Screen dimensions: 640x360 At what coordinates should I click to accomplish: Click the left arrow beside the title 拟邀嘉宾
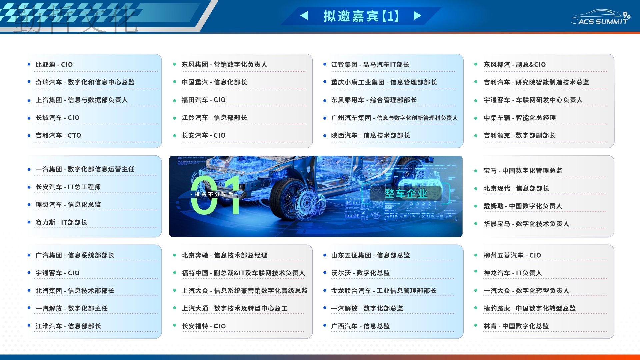pyautogui.click(x=304, y=16)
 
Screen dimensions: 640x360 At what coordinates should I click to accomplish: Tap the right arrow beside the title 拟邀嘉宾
pyautogui.click(x=417, y=16)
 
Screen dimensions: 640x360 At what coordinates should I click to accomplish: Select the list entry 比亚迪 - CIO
pyautogui.click(x=54, y=64)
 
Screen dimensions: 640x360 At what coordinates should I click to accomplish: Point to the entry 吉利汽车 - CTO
pyautogui.click(x=58, y=135)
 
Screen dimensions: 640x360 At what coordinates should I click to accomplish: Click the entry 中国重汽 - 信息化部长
pyautogui.click(x=214, y=82)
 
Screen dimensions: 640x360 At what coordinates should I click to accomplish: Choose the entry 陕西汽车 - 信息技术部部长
pyautogui.click(x=370, y=135)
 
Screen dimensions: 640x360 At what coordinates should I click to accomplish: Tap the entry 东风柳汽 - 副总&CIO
pyautogui.click(x=515, y=64)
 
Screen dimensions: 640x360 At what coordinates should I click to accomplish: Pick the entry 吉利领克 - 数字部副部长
pyautogui.click(x=520, y=135)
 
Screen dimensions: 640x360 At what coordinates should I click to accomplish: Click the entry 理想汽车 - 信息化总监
pyautogui.click(x=68, y=205)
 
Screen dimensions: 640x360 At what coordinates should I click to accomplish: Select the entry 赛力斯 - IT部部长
pyautogui.click(x=61, y=222)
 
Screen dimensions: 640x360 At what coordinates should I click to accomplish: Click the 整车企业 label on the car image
pyautogui.click(x=406, y=193)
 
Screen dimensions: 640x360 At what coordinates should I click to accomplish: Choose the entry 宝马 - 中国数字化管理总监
pyautogui.click(x=523, y=171)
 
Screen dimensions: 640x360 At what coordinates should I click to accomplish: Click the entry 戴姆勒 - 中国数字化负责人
pyautogui.click(x=523, y=206)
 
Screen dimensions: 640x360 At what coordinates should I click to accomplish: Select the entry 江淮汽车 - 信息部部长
pyautogui.click(x=68, y=326)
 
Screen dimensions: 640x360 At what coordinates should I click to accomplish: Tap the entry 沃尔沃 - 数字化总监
pyautogui.click(x=360, y=273)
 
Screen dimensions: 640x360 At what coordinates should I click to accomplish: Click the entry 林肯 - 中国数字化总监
pyautogui.click(x=516, y=326)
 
